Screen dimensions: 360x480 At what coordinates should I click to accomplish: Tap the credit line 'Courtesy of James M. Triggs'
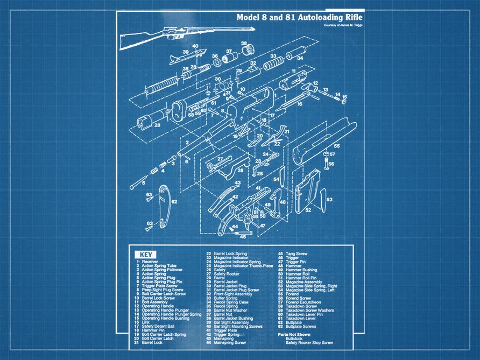pos(343,26)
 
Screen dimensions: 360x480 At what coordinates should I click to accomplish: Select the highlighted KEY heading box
pos(145,255)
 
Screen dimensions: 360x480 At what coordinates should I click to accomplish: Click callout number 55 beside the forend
pos(336,146)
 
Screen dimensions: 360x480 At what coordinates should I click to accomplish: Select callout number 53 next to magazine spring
pos(329,199)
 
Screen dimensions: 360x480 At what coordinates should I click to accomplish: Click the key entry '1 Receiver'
pos(147,262)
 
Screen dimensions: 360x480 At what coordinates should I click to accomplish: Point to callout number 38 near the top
pos(244,44)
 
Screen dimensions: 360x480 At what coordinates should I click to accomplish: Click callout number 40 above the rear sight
pos(195,46)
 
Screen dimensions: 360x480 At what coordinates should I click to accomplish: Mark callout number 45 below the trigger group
pos(243,236)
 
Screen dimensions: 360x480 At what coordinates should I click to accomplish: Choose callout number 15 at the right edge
pos(344,97)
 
